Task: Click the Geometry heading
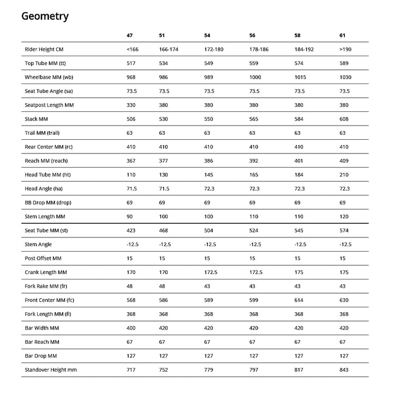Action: (45, 16)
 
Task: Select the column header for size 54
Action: (207, 35)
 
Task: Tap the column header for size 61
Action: (343, 35)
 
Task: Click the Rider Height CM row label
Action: (48, 50)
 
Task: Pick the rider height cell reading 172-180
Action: (213, 50)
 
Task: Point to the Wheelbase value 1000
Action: (255, 78)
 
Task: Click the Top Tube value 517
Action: (131, 63)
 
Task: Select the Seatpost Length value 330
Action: (131, 105)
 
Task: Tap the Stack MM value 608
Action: (344, 119)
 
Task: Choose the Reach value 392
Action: (254, 160)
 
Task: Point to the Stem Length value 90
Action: (129, 216)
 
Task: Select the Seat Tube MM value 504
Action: (209, 230)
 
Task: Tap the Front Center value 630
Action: (344, 300)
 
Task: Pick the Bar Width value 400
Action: (131, 327)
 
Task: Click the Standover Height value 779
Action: (209, 370)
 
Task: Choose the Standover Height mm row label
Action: (51, 370)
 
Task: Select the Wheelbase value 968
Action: (131, 78)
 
